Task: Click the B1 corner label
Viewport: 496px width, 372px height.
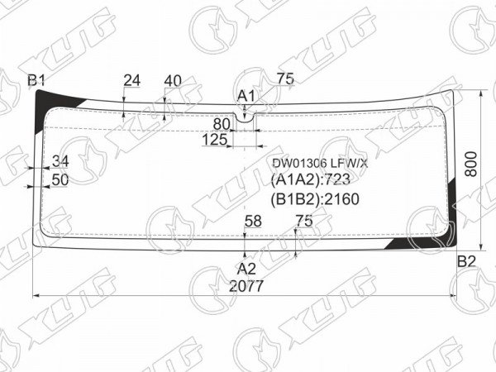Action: click(x=36, y=81)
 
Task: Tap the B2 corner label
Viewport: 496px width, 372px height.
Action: click(x=466, y=261)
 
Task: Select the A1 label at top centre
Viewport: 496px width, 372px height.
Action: click(x=246, y=96)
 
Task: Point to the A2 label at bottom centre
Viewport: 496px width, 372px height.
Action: click(x=246, y=269)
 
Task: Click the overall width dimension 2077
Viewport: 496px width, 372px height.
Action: click(x=246, y=286)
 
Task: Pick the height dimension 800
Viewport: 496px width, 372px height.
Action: click(x=471, y=164)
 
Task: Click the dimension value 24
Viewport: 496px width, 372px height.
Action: click(x=131, y=81)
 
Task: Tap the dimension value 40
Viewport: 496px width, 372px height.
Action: click(x=173, y=81)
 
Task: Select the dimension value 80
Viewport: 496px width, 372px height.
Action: click(x=222, y=124)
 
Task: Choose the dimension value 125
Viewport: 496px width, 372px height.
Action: click(x=214, y=140)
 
